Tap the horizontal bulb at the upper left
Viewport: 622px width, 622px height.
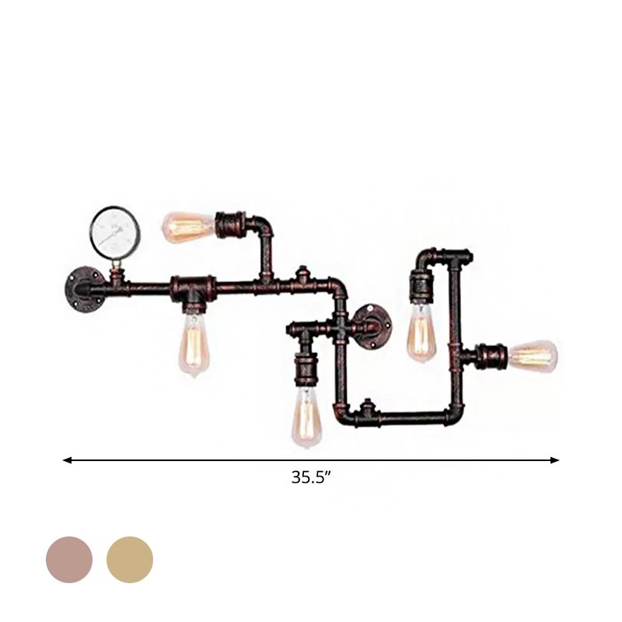pos(187,226)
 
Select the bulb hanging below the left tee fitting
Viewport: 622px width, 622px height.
pos(191,341)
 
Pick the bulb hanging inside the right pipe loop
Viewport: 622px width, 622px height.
pos(421,334)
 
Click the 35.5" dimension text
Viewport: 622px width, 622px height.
pos(312,478)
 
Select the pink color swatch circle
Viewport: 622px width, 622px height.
pos(69,559)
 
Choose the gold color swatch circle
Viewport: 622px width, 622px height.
pos(130,559)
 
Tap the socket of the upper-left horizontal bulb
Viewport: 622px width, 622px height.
pos(230,225)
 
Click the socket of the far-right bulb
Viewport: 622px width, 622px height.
pos(494,357)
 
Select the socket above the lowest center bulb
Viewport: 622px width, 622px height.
pos(304,370)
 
